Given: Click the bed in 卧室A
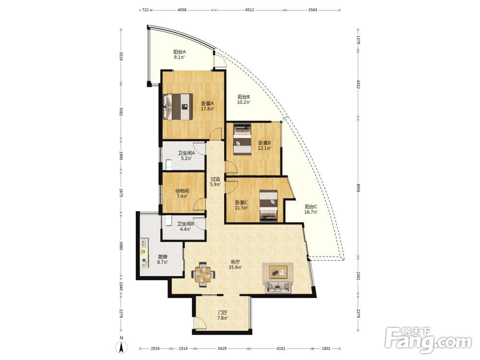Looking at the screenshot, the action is pos(178,107).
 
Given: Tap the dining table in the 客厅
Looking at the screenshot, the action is pos(203,274).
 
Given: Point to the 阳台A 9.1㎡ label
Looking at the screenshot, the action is pos(180,55).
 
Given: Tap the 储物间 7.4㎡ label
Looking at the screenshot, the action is pos(182,193).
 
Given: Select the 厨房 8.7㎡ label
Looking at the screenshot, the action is pos(163,260).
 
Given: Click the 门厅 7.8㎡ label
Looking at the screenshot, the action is pos(223,315).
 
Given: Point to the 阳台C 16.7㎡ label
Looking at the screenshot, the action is pos(311,209).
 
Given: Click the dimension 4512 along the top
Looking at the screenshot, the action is pos(249,10).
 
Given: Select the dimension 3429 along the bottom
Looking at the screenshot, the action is pos(222,348).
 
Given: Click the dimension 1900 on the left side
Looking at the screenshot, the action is pos(121,156).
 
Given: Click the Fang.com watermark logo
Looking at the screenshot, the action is pos(428,340).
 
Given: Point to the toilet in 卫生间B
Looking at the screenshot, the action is pos(168,220).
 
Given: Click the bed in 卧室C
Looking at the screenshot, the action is pos(268,205).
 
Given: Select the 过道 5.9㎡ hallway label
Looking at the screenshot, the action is pos(215,181).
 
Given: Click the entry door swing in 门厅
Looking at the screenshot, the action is pos(200,324).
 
